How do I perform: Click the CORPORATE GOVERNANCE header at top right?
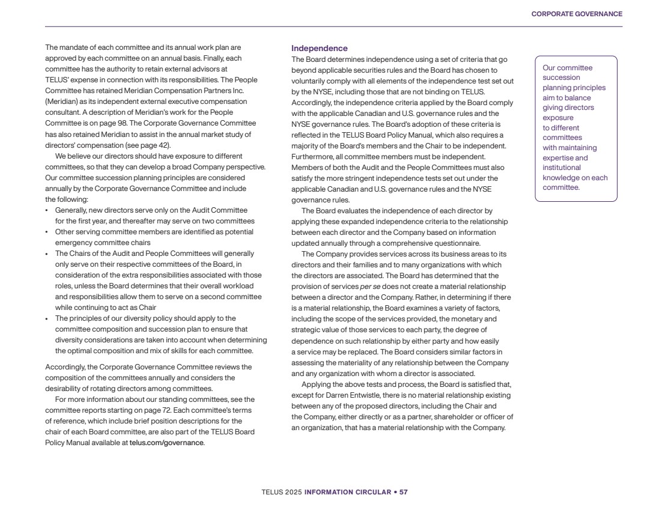577,14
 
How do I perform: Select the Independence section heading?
319,48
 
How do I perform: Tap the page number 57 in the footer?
404,492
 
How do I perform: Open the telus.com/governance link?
166,443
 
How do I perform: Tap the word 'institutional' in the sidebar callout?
562,168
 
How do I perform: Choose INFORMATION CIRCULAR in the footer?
347,492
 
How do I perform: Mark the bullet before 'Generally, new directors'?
47,211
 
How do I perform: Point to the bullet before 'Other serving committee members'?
47,232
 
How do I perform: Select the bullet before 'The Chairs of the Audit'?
47,253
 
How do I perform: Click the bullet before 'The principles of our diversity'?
47,318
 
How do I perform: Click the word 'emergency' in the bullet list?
74,243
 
